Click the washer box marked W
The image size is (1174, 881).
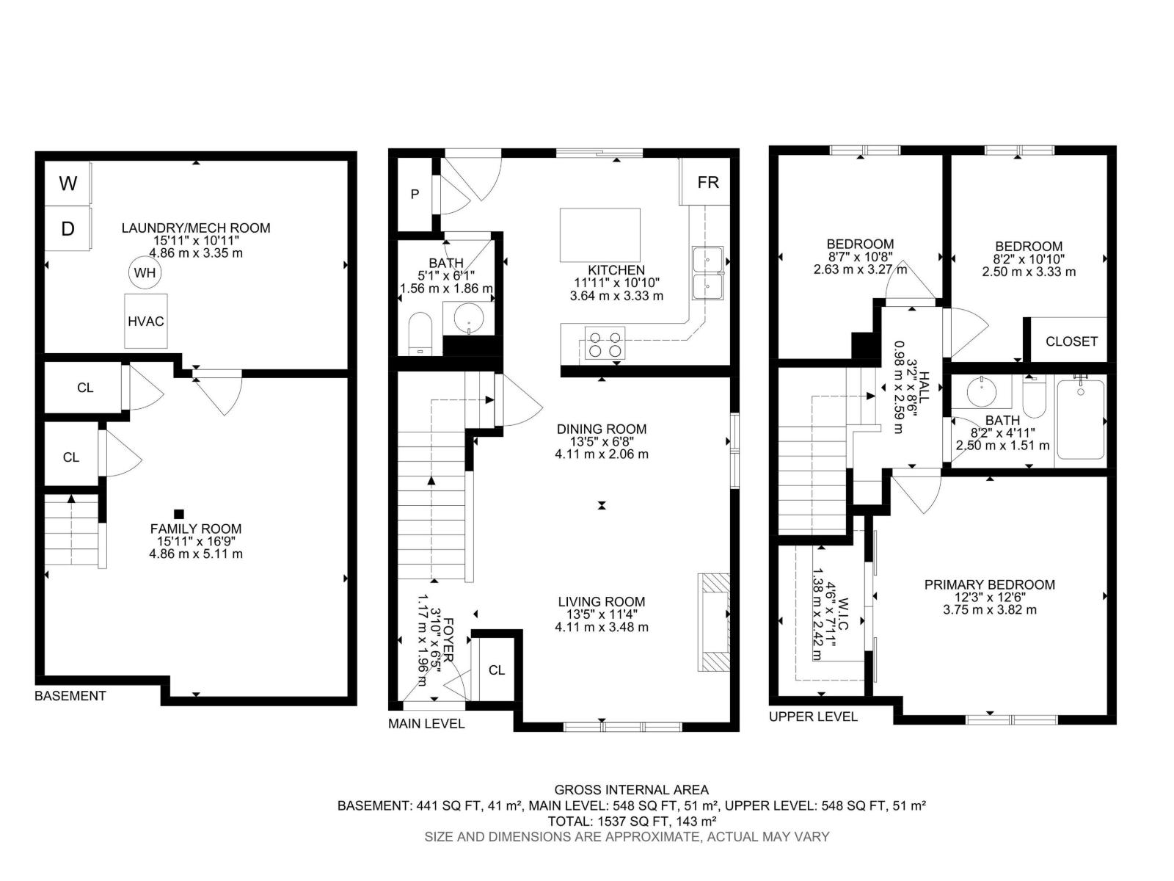[68, 184]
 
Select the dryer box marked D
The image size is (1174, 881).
[68, 229]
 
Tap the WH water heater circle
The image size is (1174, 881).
[145, 273]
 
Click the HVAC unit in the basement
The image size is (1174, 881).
[145, 321]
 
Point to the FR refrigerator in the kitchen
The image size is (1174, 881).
[707, 182]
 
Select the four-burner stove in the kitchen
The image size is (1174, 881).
[605, 344]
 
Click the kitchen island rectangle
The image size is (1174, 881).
[599, 235]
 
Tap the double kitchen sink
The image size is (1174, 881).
[707, 272]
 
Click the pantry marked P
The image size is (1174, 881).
[415, 195]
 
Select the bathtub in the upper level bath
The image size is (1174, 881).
[1080, 419]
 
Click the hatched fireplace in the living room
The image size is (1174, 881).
[715, 622]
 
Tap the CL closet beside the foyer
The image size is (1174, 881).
[497, 670]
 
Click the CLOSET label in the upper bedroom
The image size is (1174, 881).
[1071, 341]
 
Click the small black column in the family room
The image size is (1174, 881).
[178, 514]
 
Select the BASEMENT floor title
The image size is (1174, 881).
[70, 696]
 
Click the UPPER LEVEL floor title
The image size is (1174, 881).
[813, 717]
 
